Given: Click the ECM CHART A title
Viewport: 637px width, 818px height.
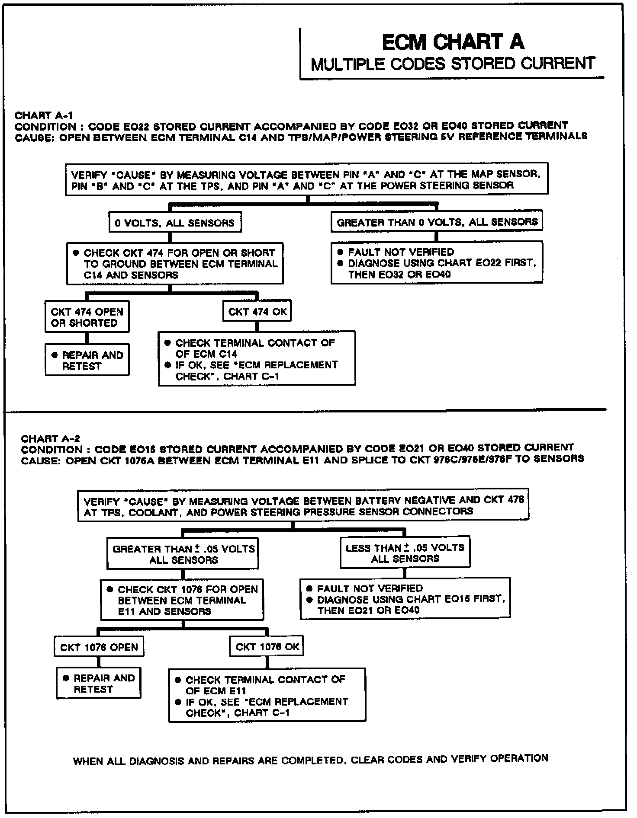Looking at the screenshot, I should click(453, 42).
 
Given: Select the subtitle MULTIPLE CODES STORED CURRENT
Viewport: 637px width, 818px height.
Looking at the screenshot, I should click(453, 64).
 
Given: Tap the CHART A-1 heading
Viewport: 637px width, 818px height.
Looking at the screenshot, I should click(44, 115).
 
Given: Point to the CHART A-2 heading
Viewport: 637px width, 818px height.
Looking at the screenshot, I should click(50, 438).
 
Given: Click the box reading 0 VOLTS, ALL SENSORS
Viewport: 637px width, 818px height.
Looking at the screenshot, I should click(175, 223).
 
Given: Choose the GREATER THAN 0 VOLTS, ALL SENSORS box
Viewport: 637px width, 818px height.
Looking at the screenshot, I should click(437, 222).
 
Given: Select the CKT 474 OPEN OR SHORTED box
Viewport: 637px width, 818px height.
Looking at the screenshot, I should click(87, 317).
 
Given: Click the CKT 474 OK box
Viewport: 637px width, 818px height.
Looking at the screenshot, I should click(257, 312).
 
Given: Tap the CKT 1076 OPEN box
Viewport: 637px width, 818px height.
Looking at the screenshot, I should click(99, 647).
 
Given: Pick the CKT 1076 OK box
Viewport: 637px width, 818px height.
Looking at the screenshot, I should click(267, 647).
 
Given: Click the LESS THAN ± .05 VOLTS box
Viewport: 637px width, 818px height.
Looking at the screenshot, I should click(405, 553).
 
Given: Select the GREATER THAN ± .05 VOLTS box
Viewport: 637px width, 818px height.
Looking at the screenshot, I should click(183, 554).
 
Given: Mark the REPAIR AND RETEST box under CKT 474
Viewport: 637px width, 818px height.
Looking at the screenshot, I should click(87, 360).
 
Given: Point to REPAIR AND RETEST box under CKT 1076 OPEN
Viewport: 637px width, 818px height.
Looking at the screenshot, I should click(99, 684).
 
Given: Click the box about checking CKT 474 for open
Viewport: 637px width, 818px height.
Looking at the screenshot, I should click(175, 264).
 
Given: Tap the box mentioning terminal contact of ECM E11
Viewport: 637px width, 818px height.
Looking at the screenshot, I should click(267, 696).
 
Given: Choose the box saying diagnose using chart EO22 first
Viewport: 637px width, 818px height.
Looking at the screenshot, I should click(437, 263).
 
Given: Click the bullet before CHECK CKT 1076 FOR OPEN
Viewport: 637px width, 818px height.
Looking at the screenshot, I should click(110, 589).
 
